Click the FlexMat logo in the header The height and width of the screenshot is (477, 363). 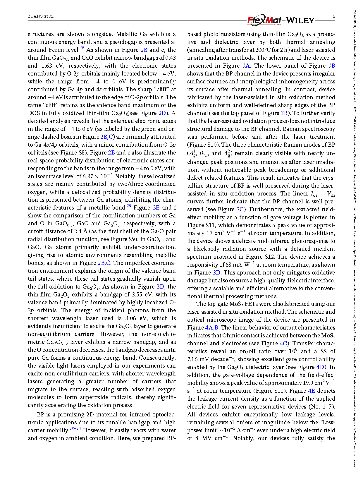[264, 20]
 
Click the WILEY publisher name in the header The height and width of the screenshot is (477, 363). [300, 20]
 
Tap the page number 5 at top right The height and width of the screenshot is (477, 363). [334, 16]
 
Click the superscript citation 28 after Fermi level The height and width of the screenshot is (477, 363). [82, 48]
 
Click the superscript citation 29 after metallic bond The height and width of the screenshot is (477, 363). [129, 206]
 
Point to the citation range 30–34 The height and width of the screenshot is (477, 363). [75, 429]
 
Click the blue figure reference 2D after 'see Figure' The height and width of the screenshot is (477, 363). [162, 113]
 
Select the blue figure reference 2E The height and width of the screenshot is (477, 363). [156, 207]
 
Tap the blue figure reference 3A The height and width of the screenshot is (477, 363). [246, 66]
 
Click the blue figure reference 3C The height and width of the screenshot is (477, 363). [240, 209]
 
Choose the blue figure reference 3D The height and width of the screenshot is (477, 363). [216, 272]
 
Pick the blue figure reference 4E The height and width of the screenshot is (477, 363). [312, 391]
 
